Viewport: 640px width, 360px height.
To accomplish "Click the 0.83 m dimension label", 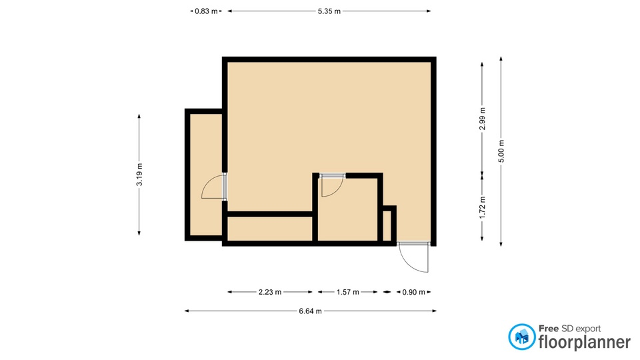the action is pos(206,11).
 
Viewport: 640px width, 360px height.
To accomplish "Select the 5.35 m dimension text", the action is pos(329,11).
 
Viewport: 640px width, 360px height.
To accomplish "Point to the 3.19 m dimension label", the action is pos(139,175).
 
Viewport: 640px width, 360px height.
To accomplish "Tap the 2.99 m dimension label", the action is pos(483,119).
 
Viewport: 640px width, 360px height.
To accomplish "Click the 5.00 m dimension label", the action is pos(501,151).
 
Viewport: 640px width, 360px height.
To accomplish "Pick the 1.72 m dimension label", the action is pos(483,207).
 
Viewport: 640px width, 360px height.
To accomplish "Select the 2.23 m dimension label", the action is pos(270,292).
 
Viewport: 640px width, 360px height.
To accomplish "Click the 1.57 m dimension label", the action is pos(348,292).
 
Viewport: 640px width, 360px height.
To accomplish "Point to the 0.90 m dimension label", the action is pos(414,292).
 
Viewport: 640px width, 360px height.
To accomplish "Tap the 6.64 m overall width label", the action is pos(310,311).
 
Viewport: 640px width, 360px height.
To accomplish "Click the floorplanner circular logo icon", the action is pos(521,337).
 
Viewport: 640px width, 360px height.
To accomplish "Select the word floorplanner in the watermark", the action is pos(585,341).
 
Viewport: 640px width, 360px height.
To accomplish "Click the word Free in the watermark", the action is pos(549,329).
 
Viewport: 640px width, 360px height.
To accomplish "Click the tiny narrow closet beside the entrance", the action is pos(387,226).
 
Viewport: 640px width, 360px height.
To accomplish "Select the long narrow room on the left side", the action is pos(206,175).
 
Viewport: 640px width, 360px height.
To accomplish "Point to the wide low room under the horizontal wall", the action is pos(269,229).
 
